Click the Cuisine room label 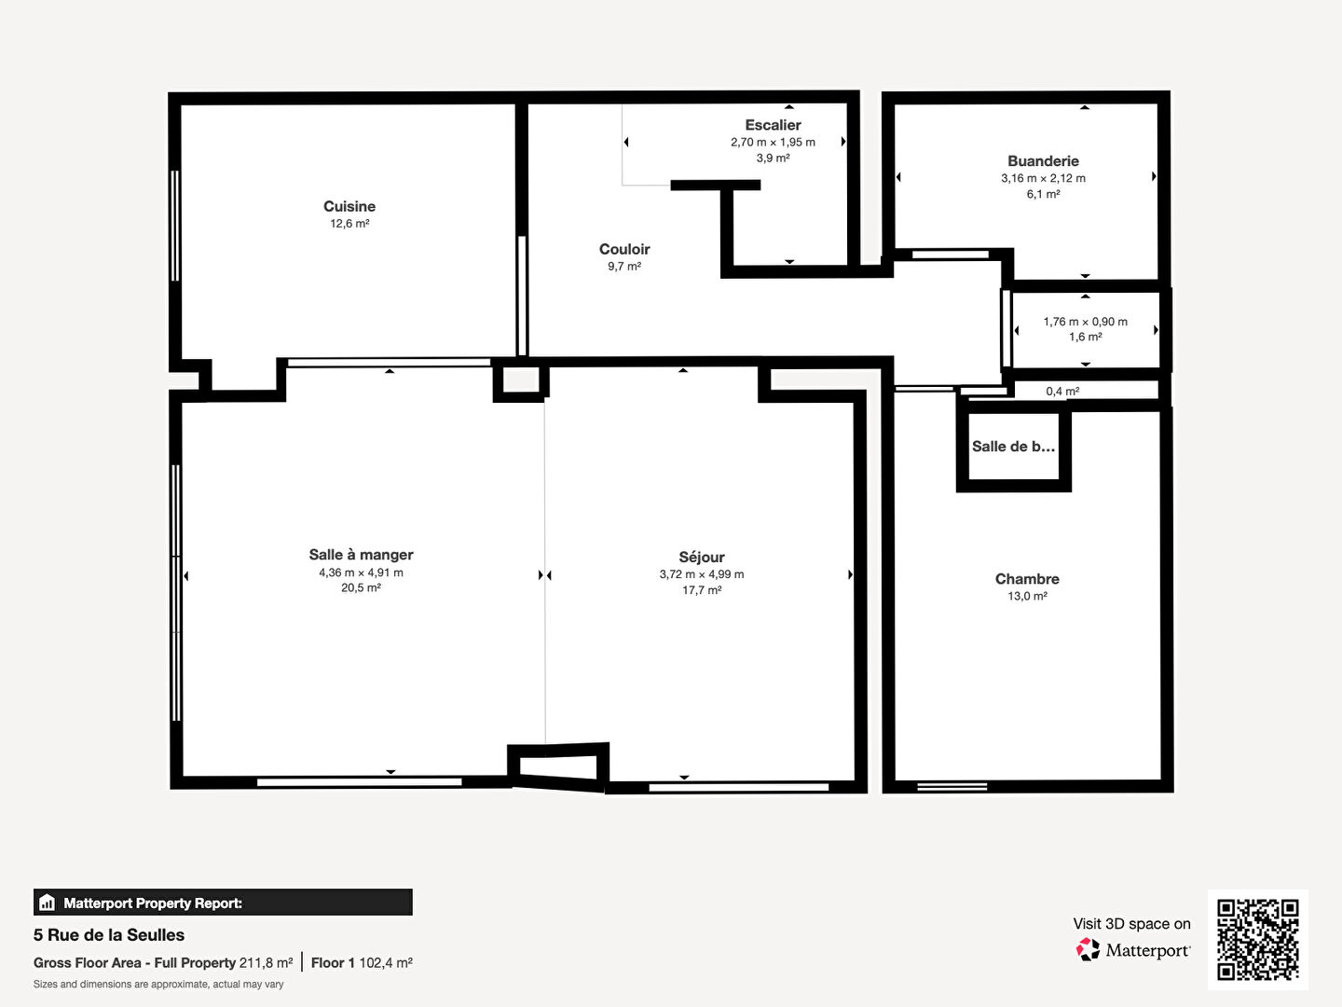click(x=349, y=206)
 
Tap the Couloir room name click(x=624, y=249)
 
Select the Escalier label click(x=773, y=125)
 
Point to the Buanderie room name click(x=1043, y=160)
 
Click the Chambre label click(x=1027, y=578)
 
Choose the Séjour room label click(x=701, y=557)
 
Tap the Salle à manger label click(x=361, y=555)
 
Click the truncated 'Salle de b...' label click(x=1013, y=447)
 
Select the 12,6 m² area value click(x=349, y=224)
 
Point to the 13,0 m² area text click(x=1027, y=596)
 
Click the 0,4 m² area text click(x=1062, y=392)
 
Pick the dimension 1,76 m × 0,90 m click(x=1085, y=322)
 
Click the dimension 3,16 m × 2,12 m click(x=1043, y=178)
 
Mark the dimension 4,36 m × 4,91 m click(x=361, y=572)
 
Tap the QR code click(x=1257, y=940)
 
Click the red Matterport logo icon click(x=1088, y=949)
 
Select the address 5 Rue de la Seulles click(x=109, y=935)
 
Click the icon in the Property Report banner click(x=48, y=903)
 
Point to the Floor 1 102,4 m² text click(x=362, y=963)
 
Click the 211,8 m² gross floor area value click(x=266, y=963)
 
